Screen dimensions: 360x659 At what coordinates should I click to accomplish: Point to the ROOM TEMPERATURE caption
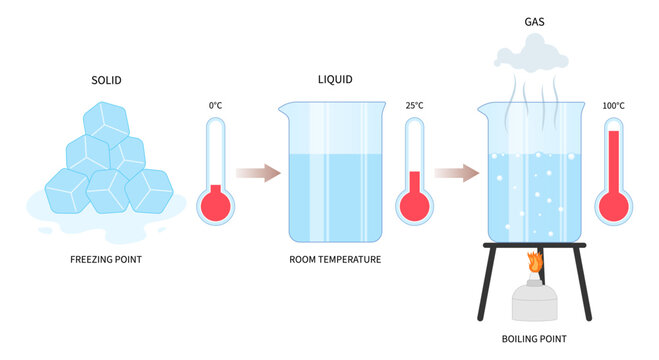[x=335, y=260]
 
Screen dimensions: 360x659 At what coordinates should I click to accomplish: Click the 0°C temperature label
[x=215, y=105]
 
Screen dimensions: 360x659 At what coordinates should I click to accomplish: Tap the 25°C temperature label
[x=414, y=105]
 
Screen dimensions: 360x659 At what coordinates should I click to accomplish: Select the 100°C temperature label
[x=613, y=105]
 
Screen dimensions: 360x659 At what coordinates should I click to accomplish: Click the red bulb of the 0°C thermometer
[x=215, y=205]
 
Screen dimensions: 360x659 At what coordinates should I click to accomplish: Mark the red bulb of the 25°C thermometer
[x=414, y=205]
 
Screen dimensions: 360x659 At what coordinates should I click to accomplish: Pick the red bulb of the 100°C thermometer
[x=613, y=205]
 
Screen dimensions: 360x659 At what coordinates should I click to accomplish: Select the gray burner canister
[x=534, y=300]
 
